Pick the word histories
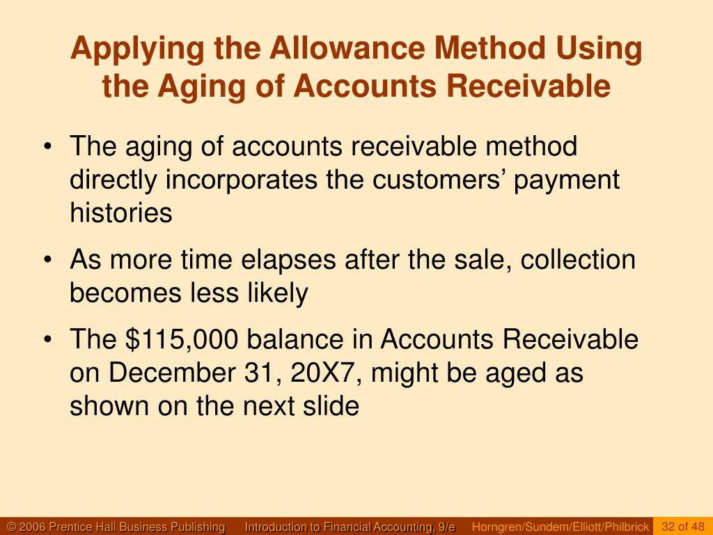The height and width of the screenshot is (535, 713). (120, 212)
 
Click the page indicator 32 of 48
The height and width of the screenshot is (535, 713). (683, 527)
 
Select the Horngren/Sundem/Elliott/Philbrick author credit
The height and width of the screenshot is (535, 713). (561, 527)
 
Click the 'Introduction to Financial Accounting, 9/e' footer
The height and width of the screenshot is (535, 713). (350, 527)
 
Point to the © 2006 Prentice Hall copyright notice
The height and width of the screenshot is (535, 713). (116, 527)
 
